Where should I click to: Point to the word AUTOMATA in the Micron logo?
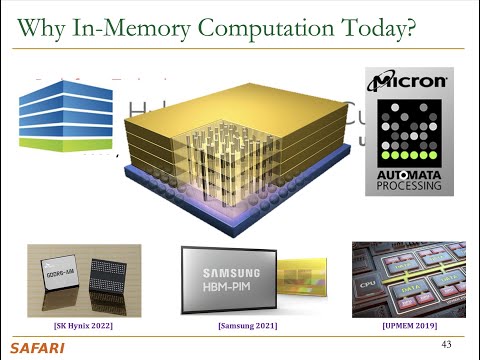pos(409,171)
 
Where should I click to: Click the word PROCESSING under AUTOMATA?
pos(409,184)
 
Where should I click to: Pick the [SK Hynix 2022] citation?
pos(82,326)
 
